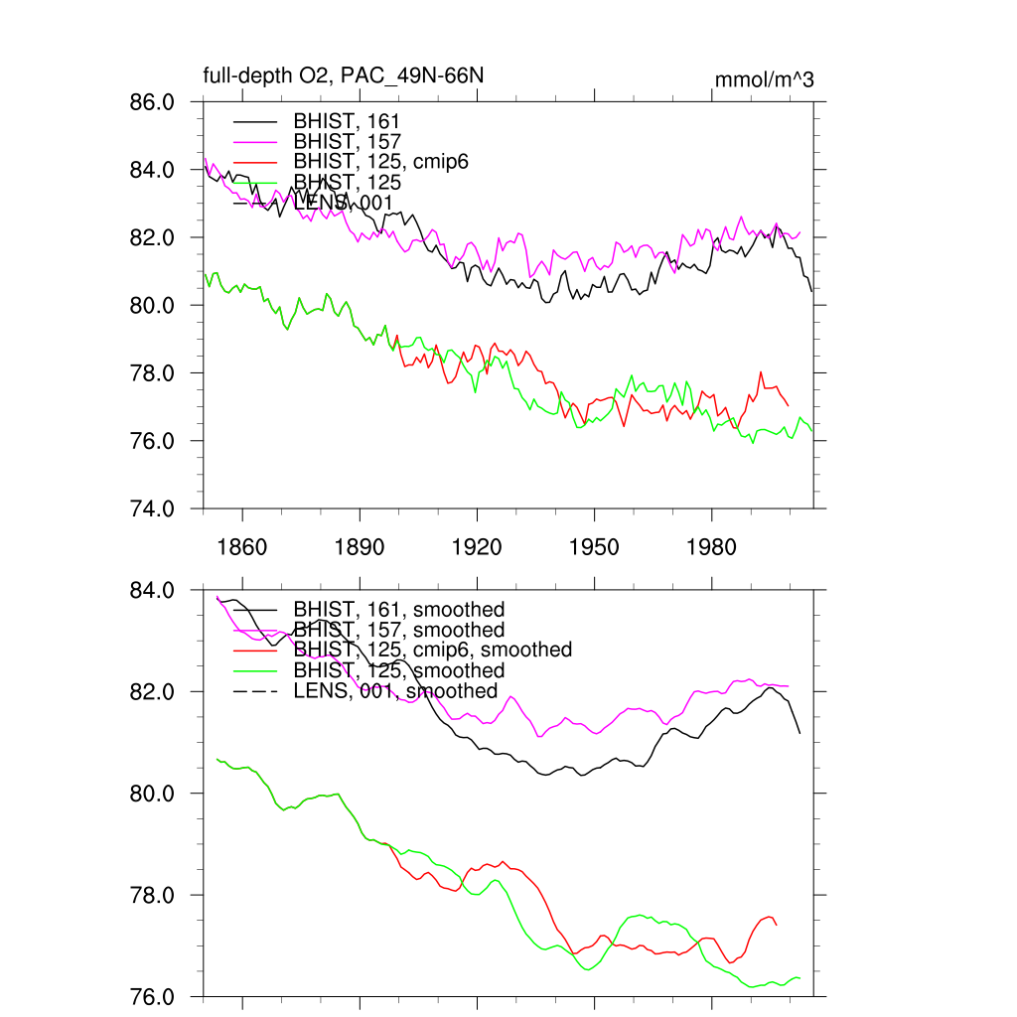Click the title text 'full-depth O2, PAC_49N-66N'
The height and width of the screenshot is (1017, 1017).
click(344, 76)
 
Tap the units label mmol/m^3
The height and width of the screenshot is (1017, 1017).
click(764, 79)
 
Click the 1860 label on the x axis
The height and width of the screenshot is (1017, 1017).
click(242, 547)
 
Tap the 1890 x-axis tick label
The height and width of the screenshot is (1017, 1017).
click(360, 547)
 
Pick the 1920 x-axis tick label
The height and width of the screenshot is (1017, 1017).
click(477, 547)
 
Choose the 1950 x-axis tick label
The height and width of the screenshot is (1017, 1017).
click(594, 547)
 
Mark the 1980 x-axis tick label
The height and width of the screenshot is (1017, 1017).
click(711, 547)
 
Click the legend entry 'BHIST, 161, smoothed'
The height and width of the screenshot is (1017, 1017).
click(399, 609)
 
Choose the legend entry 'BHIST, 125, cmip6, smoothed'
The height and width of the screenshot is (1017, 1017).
click(433, 650)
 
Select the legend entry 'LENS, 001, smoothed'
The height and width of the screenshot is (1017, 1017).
click(395, 690)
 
